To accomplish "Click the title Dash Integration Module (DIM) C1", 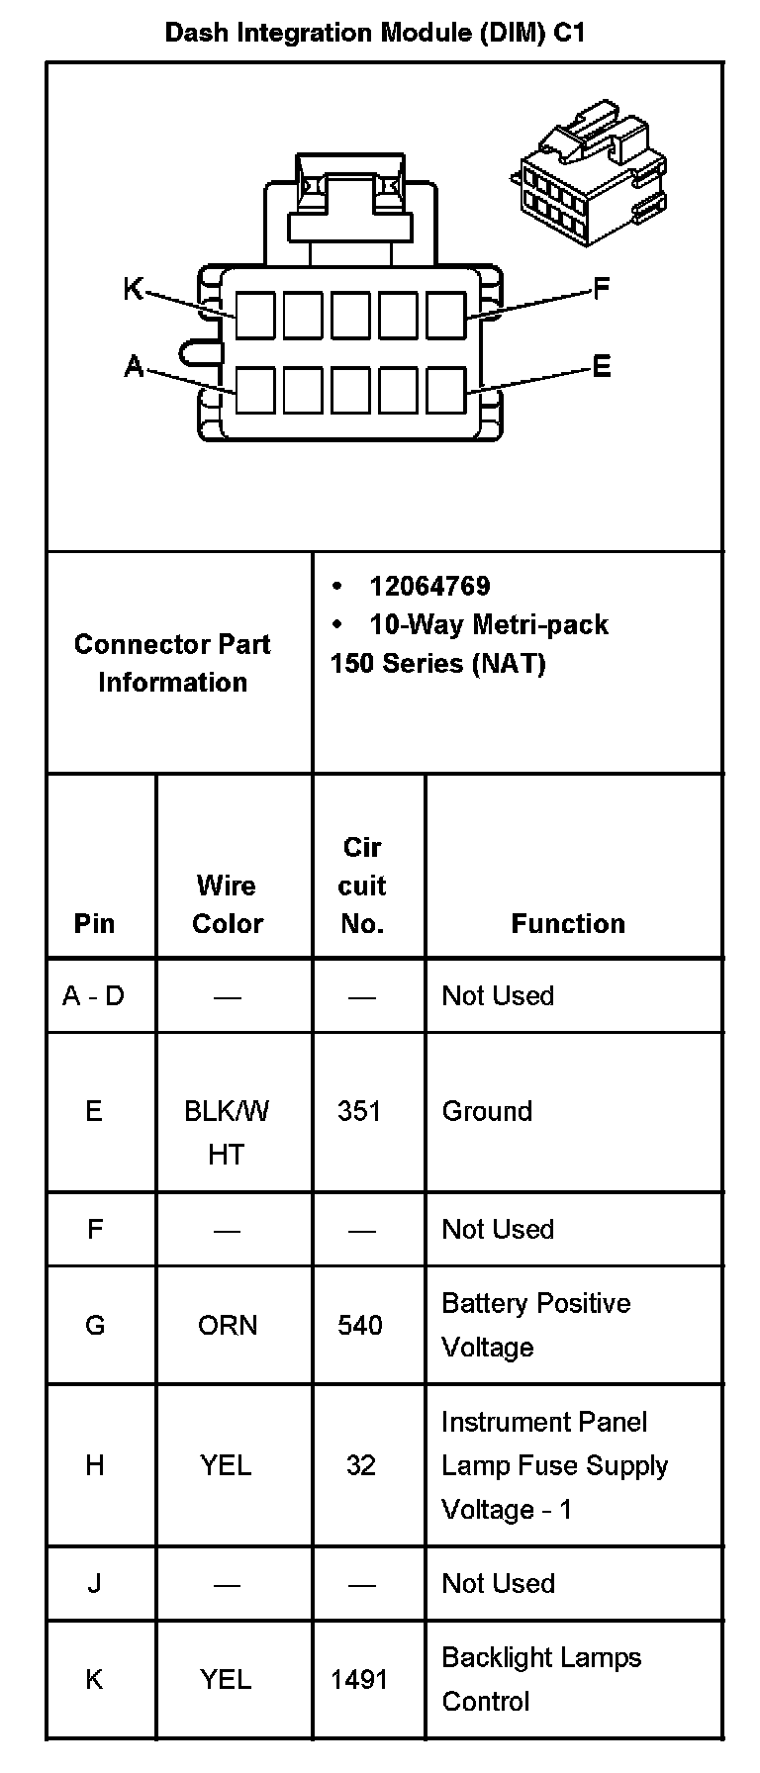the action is [x=375, y=33].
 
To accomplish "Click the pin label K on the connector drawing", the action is [x=133, y=289].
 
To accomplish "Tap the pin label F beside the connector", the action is [x=602, y=289].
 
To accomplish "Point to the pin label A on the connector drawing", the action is [x=134, y=368].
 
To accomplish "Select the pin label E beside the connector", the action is [x=602, y=368].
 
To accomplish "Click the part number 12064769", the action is [x=429, y=587].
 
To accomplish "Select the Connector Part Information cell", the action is [x=172, y=663].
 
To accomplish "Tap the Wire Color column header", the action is [x=228, y=904].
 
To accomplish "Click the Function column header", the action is [x=568, y=924].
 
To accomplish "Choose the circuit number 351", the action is [x=359, y=1111].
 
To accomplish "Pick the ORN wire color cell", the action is [x=228, y=1325].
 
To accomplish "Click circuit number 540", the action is [x=360, y=1325].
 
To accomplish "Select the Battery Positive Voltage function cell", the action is [x=535, y=1325].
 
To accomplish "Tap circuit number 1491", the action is [x=359, y=1679].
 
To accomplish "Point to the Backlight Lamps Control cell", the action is [x=541, y=1679].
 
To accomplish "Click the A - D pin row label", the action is [x=94, y=995].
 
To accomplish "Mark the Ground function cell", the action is [x=487, y=1111].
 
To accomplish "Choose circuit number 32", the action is [x=361, y=1465].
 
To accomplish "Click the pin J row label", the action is [x=95, y=1583].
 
